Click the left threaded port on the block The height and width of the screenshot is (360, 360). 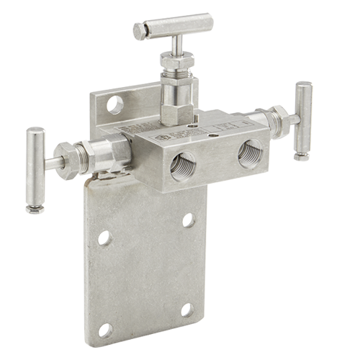click(180, 167)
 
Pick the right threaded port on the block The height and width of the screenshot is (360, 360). click(249, 153)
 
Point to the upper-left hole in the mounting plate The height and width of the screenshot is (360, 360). click(105, 238)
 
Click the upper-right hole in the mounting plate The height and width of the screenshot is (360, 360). click(188, 219)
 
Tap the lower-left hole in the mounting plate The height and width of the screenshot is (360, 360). click(105, 330)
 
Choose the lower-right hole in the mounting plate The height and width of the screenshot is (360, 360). click(187, 310)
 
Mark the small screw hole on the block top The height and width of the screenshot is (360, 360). click(213, 133)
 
